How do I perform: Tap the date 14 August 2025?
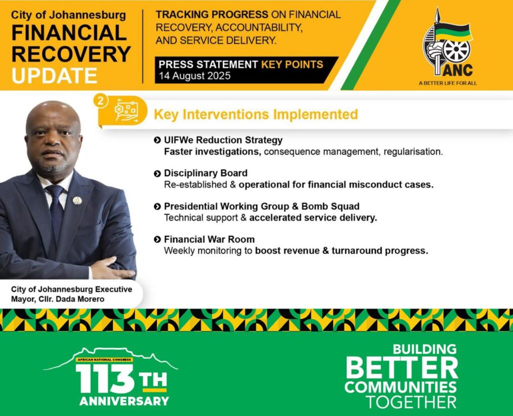click(x=195, y=76)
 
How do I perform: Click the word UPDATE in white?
click(x=54, y=76)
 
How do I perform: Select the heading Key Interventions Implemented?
click(x=256, y=115)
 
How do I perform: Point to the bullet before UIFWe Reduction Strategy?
click(x=157, y=140)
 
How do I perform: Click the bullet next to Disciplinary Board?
click(x=157, y=173)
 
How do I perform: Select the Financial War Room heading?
click(x=209, y=239)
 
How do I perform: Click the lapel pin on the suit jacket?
click(x=77, y=200)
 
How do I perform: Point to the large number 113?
click(x=105, y=378)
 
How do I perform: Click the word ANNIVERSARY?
click(x=124, y=401)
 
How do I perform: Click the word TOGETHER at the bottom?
click(x=411, y=402)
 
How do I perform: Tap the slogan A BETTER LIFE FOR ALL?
click(x=447, y=83)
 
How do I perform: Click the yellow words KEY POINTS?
click(x=292, y=65)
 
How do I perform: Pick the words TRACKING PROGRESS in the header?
click(x=212, y=15)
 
